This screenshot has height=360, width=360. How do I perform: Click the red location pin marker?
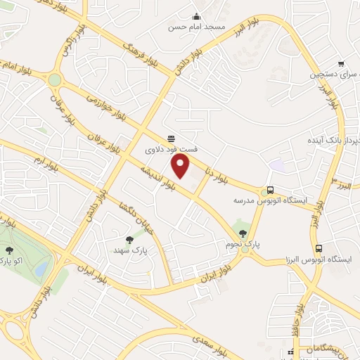pyautogui.click(x=181, y=166)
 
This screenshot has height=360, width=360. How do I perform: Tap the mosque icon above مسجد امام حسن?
pyautogui.click(x=196, y=18)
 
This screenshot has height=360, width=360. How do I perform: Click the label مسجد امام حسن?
pyautogui.click(x=196, y=28)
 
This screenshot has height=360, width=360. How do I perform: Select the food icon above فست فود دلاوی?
pyautogui.click(x=171, y=139)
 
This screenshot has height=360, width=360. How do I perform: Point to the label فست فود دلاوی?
pyautogui.click(x=171, y=150)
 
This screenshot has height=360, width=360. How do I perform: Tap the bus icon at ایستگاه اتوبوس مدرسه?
pyautogui.click(x=270, y=191)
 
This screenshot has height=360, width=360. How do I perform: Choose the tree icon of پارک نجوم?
pyautogui.click(x=243, y=234)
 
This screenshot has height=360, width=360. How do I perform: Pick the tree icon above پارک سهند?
pyautogui.click(x=129, y=240)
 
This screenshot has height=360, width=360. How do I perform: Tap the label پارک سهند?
pyautogui.click(x=129, y=250)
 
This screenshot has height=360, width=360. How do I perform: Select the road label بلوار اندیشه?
pyautogui.click(x=156, y=177)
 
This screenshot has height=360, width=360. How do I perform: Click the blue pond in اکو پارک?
pyautogui.click(x=41, y=268)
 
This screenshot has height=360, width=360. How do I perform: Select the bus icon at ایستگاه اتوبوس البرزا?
pyautogui.click(x=319, y=249)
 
